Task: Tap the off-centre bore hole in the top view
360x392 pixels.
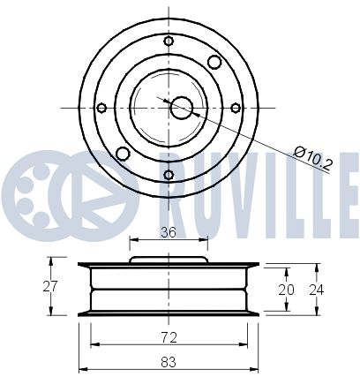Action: coord(182,107)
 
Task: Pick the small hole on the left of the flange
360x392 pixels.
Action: coord(101,108)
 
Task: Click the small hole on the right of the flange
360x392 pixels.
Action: coord(236,108)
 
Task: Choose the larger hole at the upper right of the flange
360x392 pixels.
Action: coord(213,61)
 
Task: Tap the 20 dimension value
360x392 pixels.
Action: coord(283,289)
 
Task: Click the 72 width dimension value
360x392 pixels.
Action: coord(168,336)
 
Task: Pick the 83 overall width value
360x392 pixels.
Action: coord(168,361)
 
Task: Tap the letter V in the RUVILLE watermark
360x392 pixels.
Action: coord(231,185)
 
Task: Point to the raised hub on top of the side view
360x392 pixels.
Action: coord(168,260)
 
